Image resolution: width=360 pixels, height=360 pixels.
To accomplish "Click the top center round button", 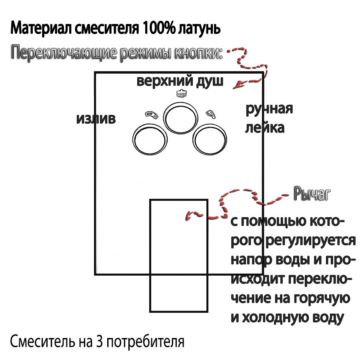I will point(182,117).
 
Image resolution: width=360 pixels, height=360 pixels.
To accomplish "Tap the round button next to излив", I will point(150,140).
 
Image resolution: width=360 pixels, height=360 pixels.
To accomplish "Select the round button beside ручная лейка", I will point(209,140).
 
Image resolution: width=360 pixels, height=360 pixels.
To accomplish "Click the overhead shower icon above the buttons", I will point(182,94).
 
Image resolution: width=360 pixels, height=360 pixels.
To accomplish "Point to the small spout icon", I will point(152,115).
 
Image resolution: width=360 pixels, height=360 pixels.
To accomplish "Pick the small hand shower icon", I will point(210,114).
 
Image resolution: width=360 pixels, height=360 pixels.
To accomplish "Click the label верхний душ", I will point(180,81).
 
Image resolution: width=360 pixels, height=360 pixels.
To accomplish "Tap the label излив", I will point(96,118).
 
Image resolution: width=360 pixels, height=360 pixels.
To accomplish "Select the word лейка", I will point(264,128).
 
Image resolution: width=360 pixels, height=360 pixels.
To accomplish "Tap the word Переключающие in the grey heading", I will point(64,53).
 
